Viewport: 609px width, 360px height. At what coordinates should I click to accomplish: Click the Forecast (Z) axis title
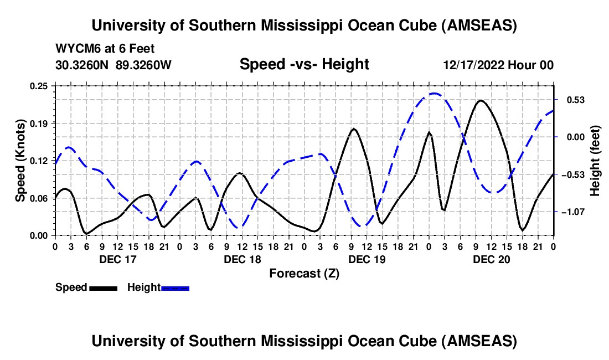click(x=304, y=273)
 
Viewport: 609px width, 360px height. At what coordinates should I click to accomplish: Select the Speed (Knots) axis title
click(x=20, y=161)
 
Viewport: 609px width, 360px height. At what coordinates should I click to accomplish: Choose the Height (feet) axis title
click(x=595, y=161)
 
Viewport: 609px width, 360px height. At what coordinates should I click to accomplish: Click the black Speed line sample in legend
click(x=103, y=288)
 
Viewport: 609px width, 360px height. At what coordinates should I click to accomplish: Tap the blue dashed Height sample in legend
click(x=176, y=288)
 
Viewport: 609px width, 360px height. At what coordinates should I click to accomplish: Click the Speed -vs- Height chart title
click(x=304, y=65)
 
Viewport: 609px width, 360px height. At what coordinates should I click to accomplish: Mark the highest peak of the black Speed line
click(x=481, y=101)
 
